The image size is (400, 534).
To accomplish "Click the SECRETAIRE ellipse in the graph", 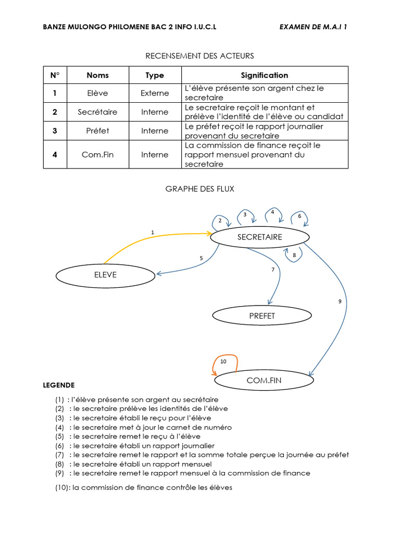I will pos(259,237).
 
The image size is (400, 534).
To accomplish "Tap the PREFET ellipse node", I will pos(262,315).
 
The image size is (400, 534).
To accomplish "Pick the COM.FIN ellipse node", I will pos(264,380).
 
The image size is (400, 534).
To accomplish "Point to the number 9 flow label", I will pos(340,301).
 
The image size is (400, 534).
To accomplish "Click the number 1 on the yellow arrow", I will pos(152,232).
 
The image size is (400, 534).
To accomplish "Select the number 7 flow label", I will pos(272,270).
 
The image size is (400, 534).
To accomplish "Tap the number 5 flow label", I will pos(201,258).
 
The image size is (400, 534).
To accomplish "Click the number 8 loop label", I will pos(294,255).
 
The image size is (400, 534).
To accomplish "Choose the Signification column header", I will pos(265,75).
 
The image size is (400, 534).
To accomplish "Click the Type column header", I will pos(155,75).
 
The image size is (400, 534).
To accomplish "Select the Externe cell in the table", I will pos(155,93).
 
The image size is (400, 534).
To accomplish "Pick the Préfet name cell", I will pos(97,131).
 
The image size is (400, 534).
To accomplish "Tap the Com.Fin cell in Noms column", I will pos(97,154).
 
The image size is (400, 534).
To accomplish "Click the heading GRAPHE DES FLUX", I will pos(200,189).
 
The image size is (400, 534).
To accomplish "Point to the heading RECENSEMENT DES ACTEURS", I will pos(199,56).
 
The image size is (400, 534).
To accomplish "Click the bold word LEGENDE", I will pos(58,385).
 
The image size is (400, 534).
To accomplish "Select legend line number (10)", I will pos(143,488).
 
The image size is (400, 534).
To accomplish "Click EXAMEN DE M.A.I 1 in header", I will pos(313,27).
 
